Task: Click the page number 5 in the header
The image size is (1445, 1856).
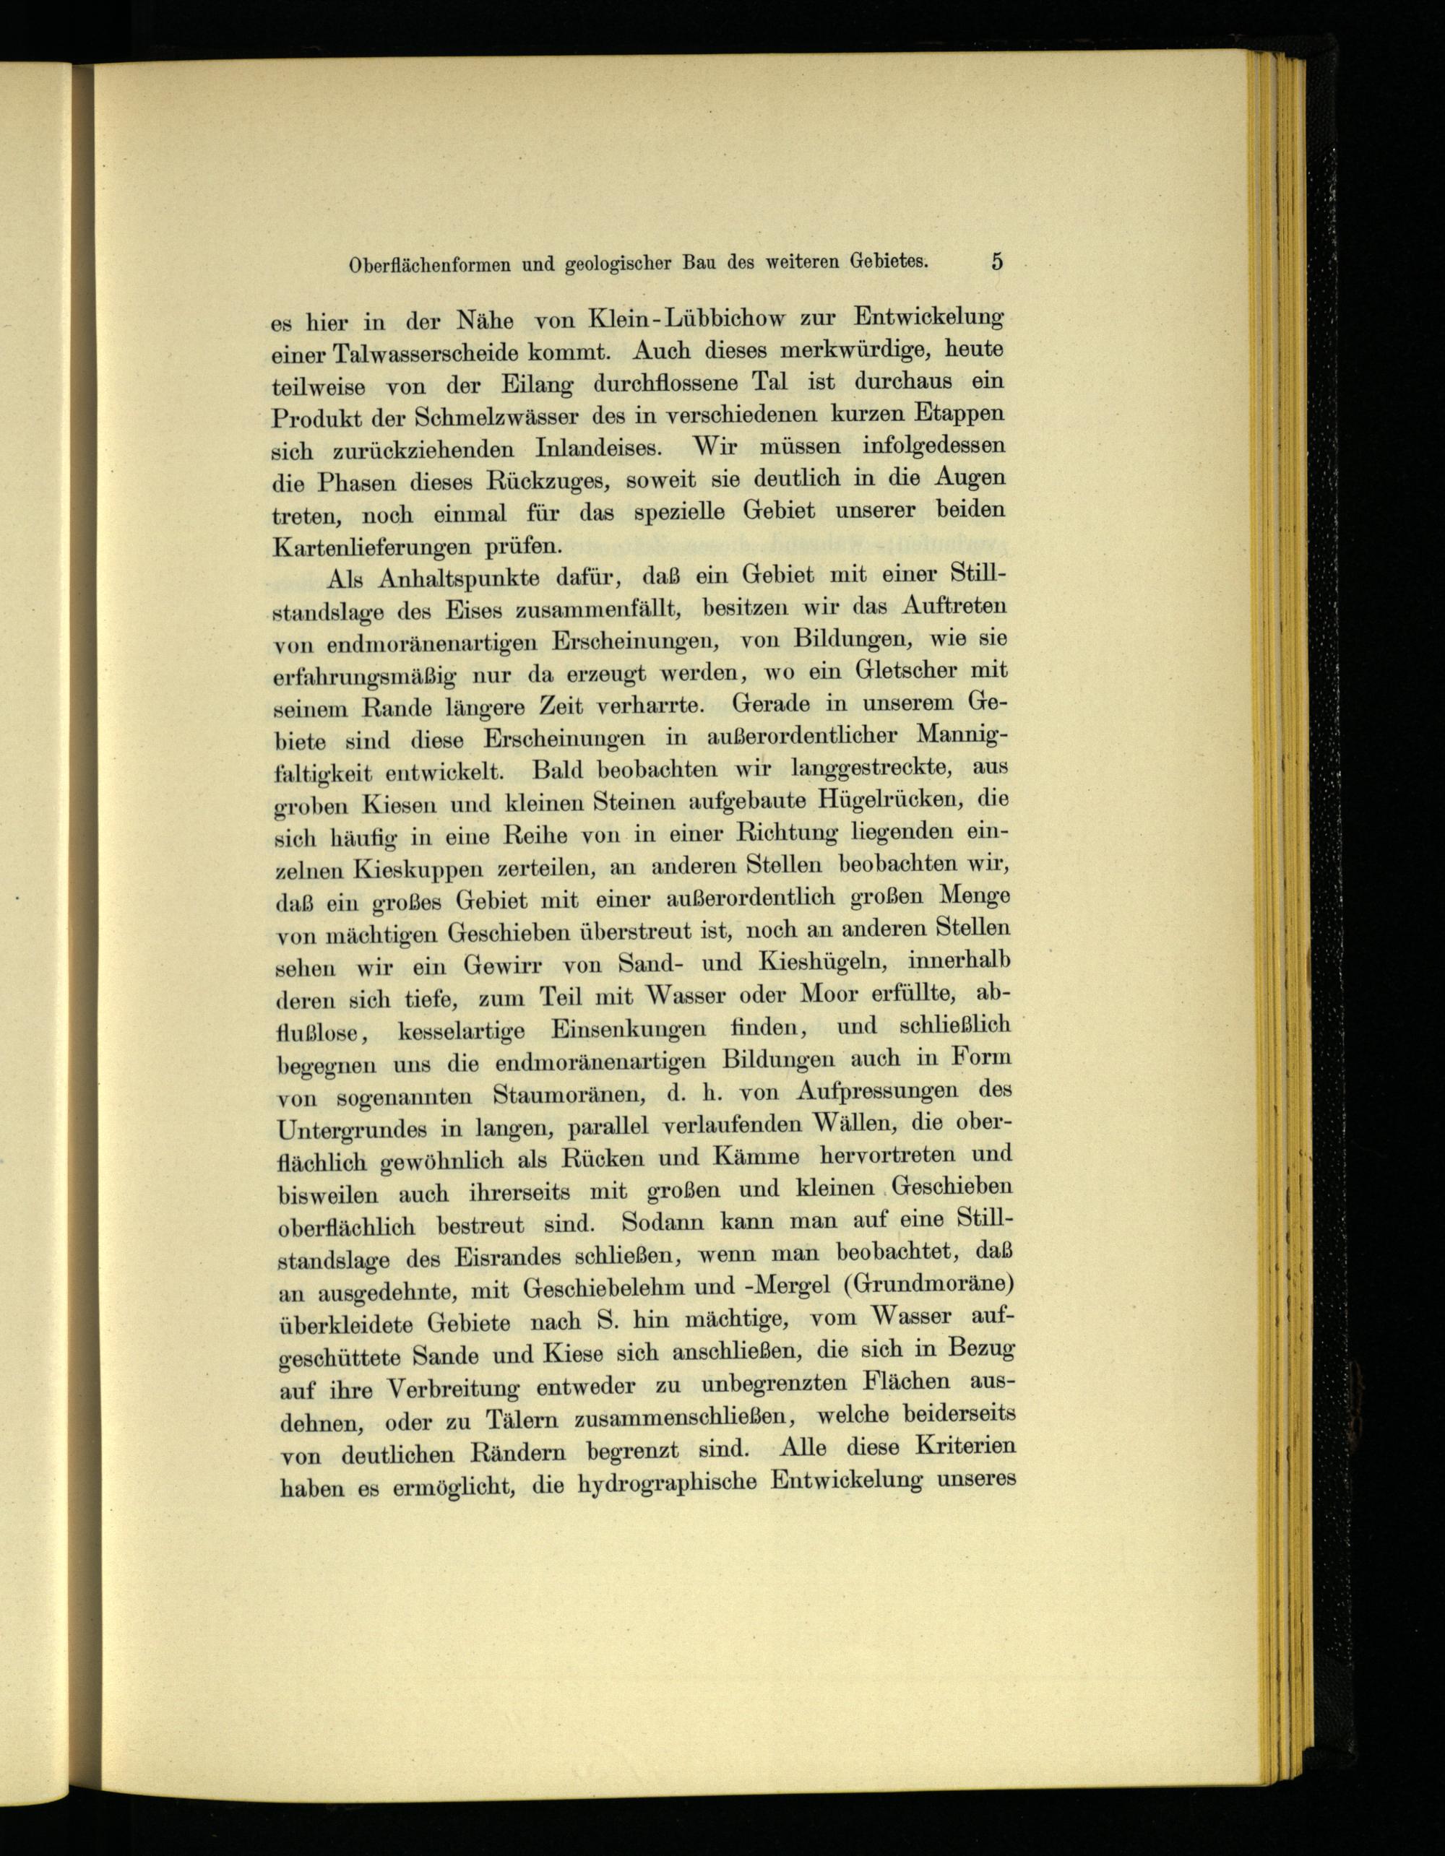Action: pyautogui.click(x=996, y=261)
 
